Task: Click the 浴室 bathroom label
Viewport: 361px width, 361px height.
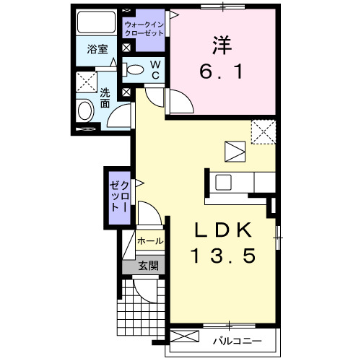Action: (x=97, y=50)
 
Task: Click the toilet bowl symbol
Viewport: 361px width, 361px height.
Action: (x=134, y=70)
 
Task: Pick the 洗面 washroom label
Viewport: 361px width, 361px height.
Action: (x=105, y=97)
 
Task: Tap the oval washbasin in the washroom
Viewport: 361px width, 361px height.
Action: (x=85, y=112)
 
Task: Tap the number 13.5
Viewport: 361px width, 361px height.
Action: (x=223, y=256)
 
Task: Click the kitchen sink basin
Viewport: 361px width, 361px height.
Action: (x=222, y=182)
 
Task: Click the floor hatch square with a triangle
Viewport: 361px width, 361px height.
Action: (x=235, y=152)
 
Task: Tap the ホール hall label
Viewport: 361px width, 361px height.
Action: (x=149, y=240)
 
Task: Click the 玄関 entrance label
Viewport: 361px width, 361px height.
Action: (x=147, y=265)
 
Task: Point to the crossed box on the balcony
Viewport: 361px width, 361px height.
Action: (x=184, y=338)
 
